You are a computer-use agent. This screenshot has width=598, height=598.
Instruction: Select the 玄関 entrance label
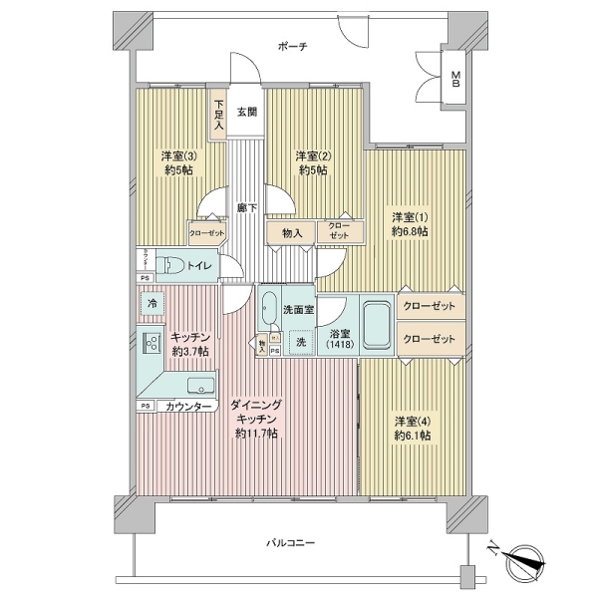pos(246,113)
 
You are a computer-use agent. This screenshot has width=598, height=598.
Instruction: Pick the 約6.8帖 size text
pos(409,231)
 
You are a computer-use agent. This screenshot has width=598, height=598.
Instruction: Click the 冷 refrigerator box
pos(151,303)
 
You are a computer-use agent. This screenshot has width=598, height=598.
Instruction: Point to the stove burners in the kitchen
pos(153,345)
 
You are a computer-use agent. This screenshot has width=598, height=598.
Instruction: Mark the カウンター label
pos(187,408)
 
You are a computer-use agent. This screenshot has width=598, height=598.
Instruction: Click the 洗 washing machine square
pos(299,342)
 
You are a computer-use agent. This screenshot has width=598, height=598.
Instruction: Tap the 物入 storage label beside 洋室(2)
pos(292,233)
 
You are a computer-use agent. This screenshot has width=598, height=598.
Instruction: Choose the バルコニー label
pos(290,544)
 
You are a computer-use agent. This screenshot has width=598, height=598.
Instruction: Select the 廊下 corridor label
pos(247,208)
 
